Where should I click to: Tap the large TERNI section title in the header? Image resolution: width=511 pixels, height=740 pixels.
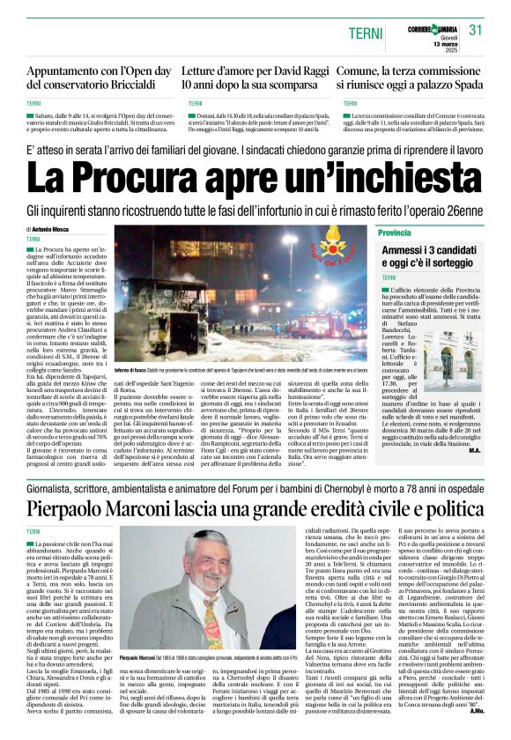[366, 33]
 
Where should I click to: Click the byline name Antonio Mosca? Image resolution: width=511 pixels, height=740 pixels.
[56, 229]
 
